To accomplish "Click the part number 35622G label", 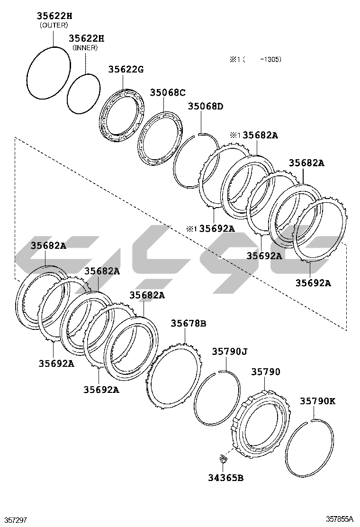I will coord(126,69).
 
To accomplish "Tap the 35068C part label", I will coord(168,92).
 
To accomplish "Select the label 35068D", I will coord(205,106).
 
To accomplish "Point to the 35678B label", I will coord(188,323).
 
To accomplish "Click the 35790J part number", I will coord(229,351).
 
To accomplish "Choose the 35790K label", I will coord(317,401).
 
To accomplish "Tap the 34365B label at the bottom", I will coord(226,477).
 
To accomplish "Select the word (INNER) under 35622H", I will coord(85,47).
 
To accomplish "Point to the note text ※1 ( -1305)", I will coord(256,59).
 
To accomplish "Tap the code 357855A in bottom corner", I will coord(339,519).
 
